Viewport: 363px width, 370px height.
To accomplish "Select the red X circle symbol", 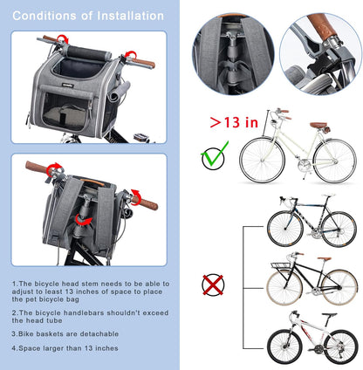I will (x=214, y=284).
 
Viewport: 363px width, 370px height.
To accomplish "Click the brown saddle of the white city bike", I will (x=318, y=125).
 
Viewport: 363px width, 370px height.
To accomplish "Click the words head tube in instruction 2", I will (x=35, y=319).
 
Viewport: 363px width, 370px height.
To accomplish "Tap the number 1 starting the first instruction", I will (x=14, y=283).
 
